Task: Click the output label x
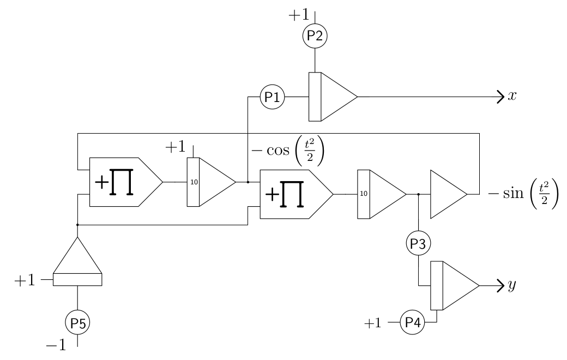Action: (512, 96)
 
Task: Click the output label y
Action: (512, 286)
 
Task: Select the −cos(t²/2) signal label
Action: (288, 151)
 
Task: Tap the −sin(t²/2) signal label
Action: (523, 194)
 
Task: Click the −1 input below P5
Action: (56, 345)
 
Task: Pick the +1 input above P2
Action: (299, 15)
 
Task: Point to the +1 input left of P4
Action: (373, 323)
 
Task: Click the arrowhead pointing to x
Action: (501, 97)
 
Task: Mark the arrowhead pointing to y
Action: (501, 286)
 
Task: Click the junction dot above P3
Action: (418, 194)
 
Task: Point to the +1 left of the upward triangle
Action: (25, 280)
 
